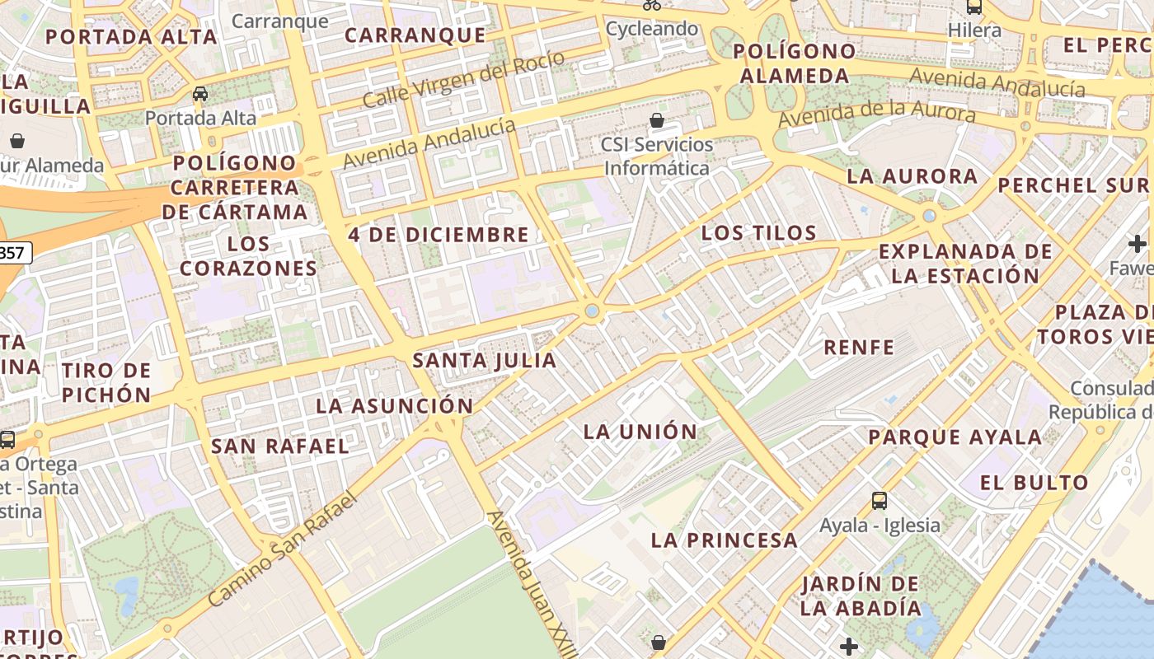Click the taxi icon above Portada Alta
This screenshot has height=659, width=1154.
pyautogui.click(x=200, y=94)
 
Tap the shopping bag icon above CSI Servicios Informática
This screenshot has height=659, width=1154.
pyautogui.click(x=657, y=121)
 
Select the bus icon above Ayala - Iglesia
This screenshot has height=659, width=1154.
pyautogui.click(x=880, y=500)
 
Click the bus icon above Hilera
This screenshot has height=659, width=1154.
pyautogui.click(x=974, y=7)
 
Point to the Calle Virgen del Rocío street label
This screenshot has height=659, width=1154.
pyautogui.click(x=463, y=79)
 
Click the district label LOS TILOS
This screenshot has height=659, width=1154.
pyautogui.click(x=758, y=233)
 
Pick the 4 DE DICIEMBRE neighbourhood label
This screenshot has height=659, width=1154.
pyautogui.click(x=439, y=235)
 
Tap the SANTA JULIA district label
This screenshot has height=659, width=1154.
pyautogui.click(x=485, y=361)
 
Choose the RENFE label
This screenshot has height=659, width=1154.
pyautogui.click(x=859, y=348)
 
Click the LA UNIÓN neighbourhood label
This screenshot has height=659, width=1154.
pyautogui.click(x=640, y=432)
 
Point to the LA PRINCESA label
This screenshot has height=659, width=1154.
pyautogui.click(x=725, y=540)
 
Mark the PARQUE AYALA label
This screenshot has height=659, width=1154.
pyautogui.click(x=955, y=437)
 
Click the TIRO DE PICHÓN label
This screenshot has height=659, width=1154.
pyautogui.click(x=106, y=382)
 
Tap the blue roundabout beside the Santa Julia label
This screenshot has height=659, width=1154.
pyautogui.click(x=592, y=311)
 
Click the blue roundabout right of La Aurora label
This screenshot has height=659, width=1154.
pyautogui.click(x=930, y=216)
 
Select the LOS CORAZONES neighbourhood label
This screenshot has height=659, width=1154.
pyautogui.click(x=248, y=256)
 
